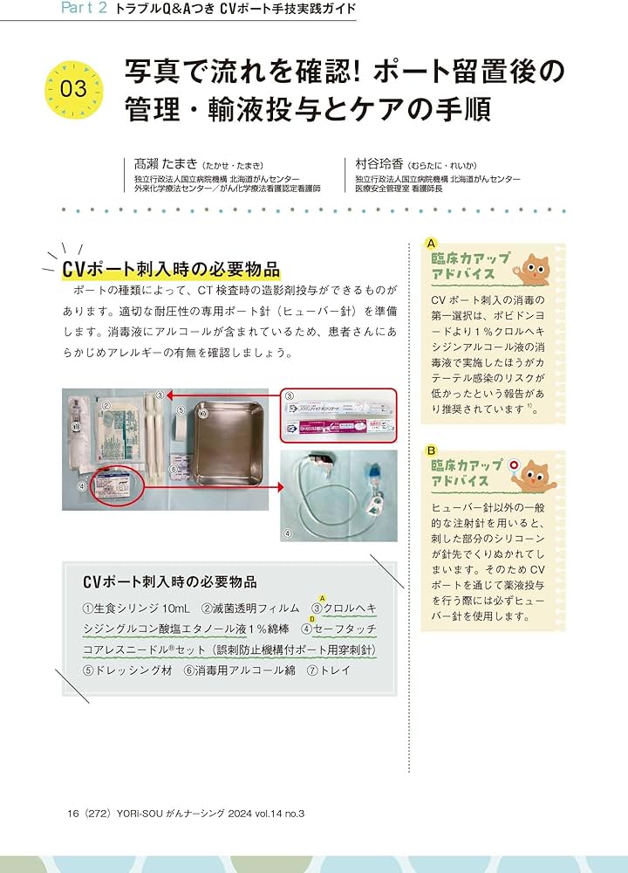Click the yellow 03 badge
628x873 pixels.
(73, 88)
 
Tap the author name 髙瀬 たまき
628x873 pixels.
(162, 164)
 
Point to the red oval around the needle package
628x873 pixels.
(116, 485)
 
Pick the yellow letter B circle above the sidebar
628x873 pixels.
(431, 450)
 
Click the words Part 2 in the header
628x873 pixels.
(85, 10)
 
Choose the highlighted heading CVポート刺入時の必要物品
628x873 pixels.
(171, 267)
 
